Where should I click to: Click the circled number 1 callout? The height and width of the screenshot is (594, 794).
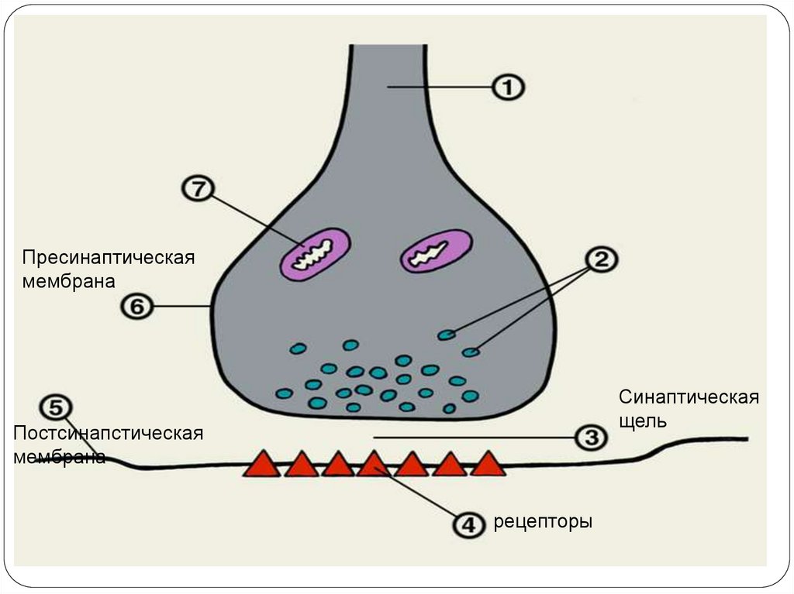[x=509, y=88]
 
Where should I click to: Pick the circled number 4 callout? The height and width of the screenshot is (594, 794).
[x=469, y=524]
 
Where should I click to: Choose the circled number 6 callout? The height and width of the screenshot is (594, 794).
[x=136, y=307]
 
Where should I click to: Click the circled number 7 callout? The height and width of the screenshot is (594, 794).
[x=198, y=190]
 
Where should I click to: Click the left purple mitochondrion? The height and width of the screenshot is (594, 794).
[x=313, y=253]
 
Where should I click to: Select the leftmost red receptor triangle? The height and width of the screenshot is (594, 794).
[x=262, y=464]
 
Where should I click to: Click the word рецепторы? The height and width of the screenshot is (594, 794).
[x=543, y=522]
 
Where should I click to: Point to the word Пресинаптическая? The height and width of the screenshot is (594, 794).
[x=107, y=257]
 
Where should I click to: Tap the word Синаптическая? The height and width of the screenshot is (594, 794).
[x=688, y=398]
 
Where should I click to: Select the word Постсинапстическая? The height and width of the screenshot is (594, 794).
[x=108, y=432]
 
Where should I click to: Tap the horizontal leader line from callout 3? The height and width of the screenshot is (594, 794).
[x=473, y=438]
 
